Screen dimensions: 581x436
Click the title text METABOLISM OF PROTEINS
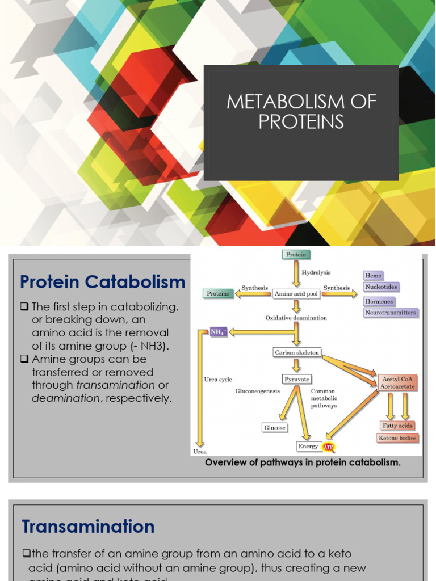pyautogui.click(x=301, y=112)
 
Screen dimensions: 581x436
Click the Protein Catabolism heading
pyautogui.click(x=103, y=282)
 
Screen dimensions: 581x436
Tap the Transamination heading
pyautogui.click(x=88, y=527)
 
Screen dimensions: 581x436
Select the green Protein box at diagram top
pyautogui.click(x=296, y=255)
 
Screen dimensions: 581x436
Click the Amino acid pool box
pyautogui.click(x=295, y=294)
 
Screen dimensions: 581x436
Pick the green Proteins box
pyautogui.click(x=218, y=294)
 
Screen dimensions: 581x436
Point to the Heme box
pyautogui.click(x=373, y=276)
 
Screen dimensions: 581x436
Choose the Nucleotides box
pyautogui.click(x=381, y=287)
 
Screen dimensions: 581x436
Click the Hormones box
pyautogui.click(x=379, y=301)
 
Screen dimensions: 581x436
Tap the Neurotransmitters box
pyautogui.click(x=391, y=313)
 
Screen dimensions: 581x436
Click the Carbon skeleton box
pyautogui.click(x=297, y=352)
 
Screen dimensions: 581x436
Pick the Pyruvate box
pyautogui.click(x=296, y=378)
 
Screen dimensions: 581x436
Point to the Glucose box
pyautogui.click(x=275, y=427)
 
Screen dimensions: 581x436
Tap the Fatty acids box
pyautogui.click(x=397, y=426)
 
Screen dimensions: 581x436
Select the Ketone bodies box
pyautogui.click(x=397, y=438)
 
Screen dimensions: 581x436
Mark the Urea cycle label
pyautogui.click(x=218, y=380)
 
